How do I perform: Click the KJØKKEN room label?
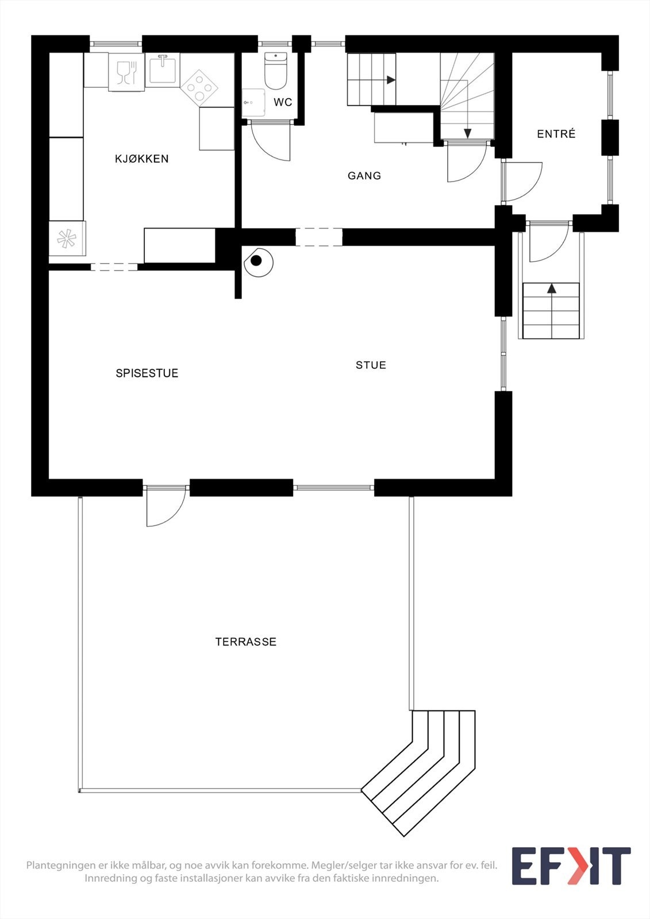(x=142, y=159)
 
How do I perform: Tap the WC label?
(x=283, y=103)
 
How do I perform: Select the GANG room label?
(x=364, y=176)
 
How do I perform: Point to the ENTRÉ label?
(x=556, y=134)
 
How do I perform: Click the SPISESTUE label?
(x=147, y=373)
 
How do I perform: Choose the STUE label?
(x=371, y=365)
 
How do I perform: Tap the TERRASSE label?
(x=246, y=642)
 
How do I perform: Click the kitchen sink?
(x=163, y=69)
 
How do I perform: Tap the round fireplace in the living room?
(x=257, y=262)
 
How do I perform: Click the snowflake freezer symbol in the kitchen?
(x=66, y=238)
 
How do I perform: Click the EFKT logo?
(x=571, y=866)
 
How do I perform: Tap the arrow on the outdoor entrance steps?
(x=552, y=288)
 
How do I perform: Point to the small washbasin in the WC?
(x=253, y=103)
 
